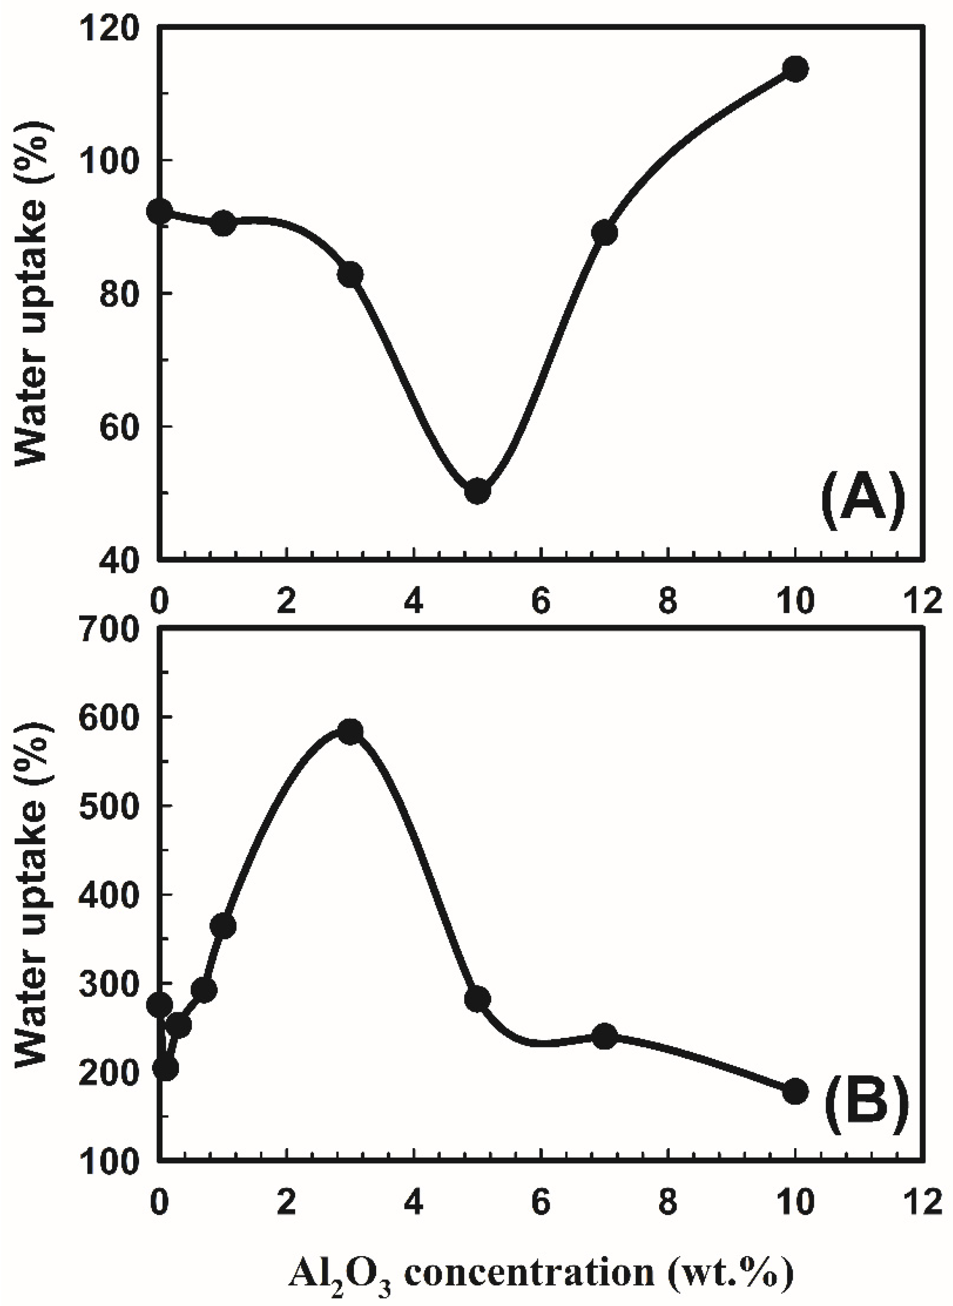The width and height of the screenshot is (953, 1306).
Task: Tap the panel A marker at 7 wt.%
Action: (605, 233)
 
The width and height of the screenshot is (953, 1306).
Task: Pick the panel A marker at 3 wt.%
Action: (351, 275)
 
